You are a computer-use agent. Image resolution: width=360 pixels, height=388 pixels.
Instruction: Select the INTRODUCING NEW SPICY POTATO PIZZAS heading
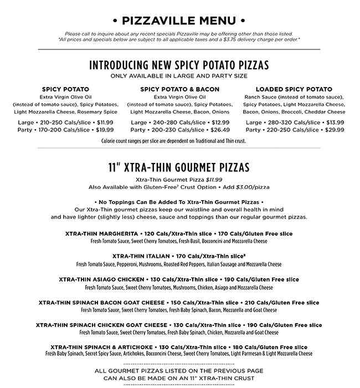click(179, 65)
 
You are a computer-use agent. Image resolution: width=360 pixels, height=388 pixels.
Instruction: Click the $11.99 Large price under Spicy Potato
click(105, 122)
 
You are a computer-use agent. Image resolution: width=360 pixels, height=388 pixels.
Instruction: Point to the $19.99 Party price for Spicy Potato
click(105, 130)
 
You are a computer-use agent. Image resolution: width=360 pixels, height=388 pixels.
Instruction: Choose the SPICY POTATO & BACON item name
click(179, 89)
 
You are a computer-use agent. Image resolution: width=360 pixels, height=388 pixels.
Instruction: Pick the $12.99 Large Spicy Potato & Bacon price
click(220, 122)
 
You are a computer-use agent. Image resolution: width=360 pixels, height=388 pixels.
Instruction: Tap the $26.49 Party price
click(220, 130)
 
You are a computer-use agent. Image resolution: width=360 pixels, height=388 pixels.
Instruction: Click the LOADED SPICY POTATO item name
click(294, 89)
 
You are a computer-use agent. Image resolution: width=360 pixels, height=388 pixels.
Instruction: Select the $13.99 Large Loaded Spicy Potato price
click(335, 122)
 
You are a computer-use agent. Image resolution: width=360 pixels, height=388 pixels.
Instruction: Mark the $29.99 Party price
click(335, 130)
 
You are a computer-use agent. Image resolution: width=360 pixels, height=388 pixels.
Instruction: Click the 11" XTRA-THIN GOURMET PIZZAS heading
click(179, 167)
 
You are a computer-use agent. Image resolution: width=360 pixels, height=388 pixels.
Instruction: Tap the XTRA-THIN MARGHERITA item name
click(101, 234)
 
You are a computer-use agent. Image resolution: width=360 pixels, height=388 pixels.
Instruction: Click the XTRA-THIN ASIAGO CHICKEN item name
click(102, 280)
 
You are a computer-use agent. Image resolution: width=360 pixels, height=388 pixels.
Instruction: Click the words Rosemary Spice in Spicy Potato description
click(99, 111)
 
